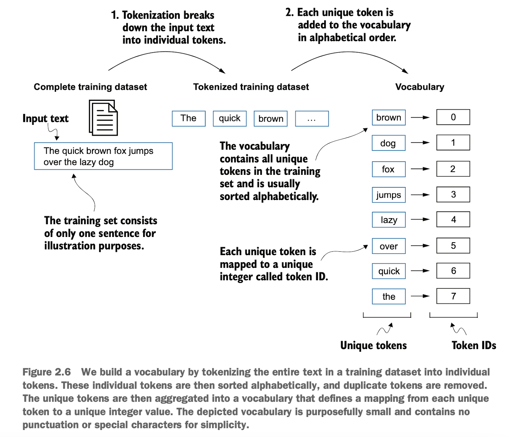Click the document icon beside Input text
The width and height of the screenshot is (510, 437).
tap(103, 118)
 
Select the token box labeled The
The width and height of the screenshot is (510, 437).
tap(189, 118)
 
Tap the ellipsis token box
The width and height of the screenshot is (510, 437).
tap(312, 118)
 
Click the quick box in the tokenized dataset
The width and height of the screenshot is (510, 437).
tap(230, 118)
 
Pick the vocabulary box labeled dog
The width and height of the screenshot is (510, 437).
tap(389, 143)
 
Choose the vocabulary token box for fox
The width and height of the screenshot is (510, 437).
tap(389, 169)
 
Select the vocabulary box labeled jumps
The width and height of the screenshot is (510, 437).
tap(389, 195)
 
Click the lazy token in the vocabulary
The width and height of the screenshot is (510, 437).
tap(389, 220)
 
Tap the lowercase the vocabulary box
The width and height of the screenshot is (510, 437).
tap(389, 297)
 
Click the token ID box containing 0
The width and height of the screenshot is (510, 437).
tap(453, 117)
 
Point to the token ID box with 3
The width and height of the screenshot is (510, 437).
tap(453, 194)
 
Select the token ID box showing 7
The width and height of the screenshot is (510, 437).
tap(453, 296)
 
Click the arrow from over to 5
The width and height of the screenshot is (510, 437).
tap(420, 246)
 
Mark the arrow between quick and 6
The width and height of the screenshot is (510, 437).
tap(420, 271)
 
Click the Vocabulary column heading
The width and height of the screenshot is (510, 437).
tap(419, 87)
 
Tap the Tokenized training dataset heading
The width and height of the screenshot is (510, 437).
tap(251, 87)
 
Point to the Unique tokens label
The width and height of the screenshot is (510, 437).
tap(373, 346)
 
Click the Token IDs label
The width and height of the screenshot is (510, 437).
tap(474, 346)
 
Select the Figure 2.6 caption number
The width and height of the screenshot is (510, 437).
tap(47, 372)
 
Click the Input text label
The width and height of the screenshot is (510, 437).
tap(45, 118)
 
